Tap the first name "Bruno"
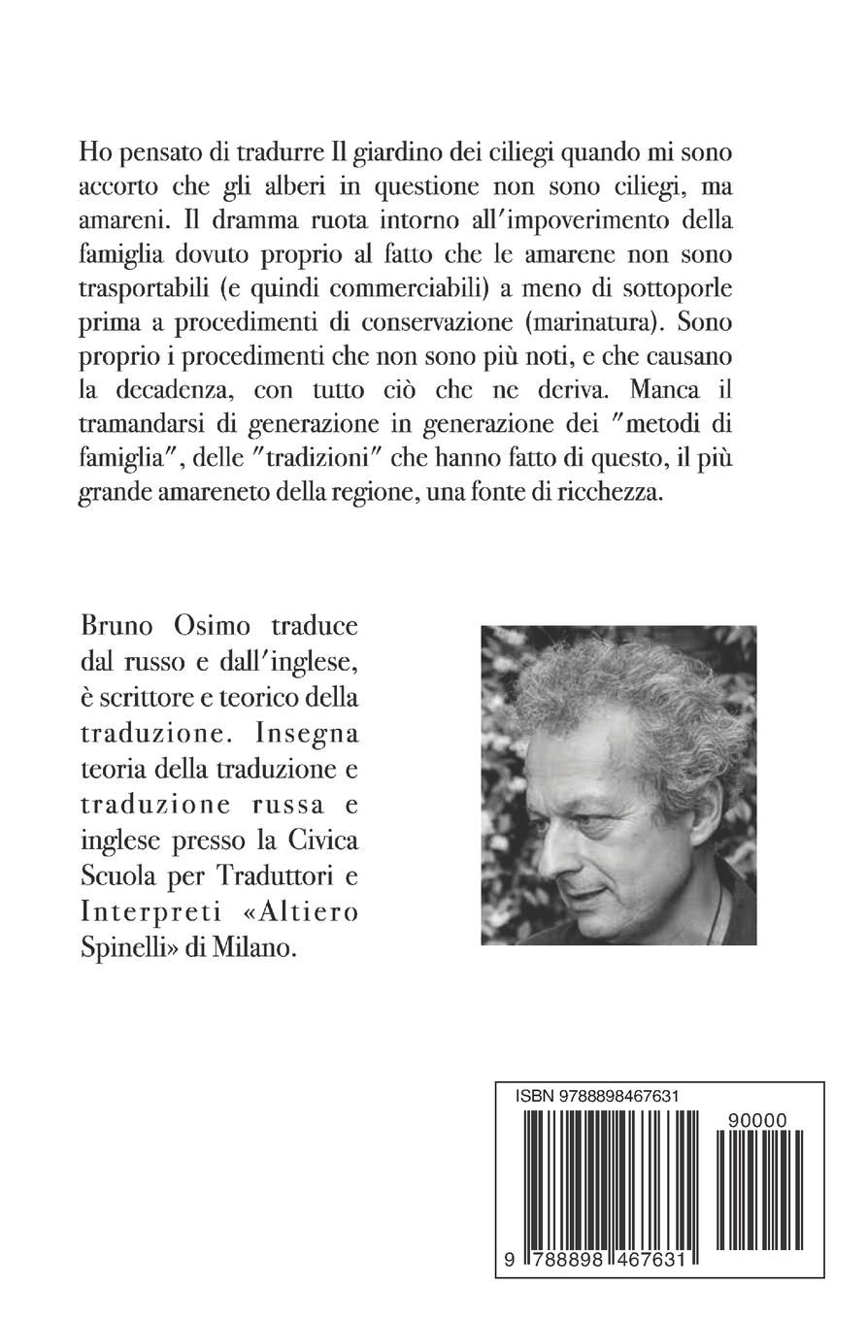pyautogui.click(x=116, y=626)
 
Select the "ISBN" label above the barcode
pyautogui.click(x=535, y=1096)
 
